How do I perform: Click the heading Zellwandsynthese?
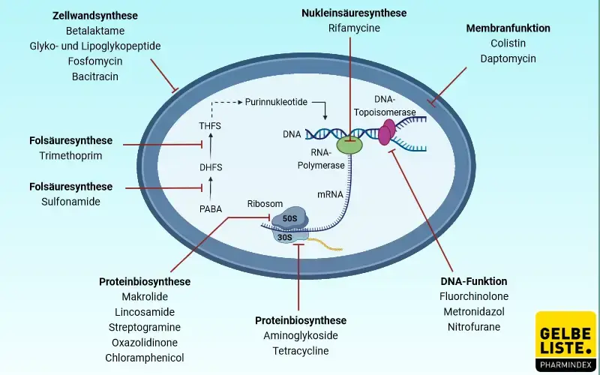point(94,15)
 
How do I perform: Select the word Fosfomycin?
point(94,61)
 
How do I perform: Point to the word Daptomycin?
point(508,58)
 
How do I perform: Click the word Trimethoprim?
point(70,156)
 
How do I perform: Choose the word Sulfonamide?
point(70,201)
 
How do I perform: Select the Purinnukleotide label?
point(276,102)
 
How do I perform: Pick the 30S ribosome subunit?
point(285,236)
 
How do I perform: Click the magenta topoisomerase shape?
point(387,131)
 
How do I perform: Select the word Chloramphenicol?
point(145,358)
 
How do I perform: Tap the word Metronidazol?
point(474,311)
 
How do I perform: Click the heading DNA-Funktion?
point(474,281)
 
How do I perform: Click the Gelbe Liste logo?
point(566,341)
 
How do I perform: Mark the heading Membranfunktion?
point(508,28)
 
